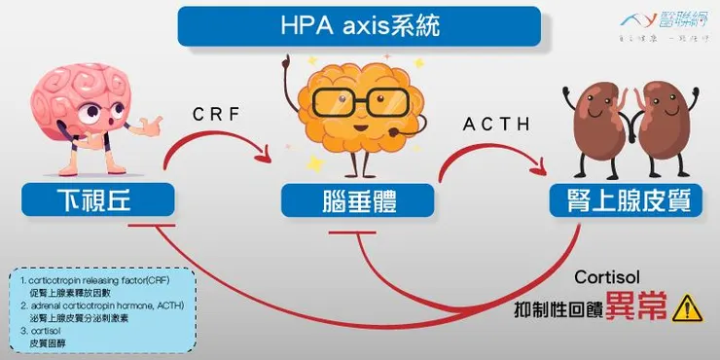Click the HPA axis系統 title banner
[x=359, y=26]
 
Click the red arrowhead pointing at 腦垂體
[x=266, y=155]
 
